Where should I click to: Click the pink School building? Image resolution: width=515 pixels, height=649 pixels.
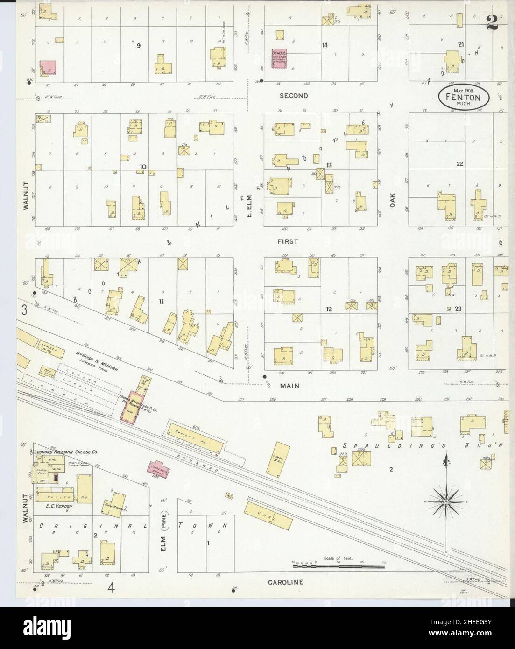point(279,60)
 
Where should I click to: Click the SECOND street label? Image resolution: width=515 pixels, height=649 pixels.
point(294,96)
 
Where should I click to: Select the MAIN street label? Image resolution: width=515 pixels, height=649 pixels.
point(290,386)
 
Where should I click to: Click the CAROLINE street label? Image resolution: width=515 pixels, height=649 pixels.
point(286,582)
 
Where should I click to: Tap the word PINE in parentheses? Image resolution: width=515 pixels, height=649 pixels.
point(164,528)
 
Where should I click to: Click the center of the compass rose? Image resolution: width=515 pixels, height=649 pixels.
point(446,502)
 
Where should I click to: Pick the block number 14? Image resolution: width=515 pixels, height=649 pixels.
point(325,45)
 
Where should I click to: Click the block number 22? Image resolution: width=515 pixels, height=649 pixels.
point(460,164)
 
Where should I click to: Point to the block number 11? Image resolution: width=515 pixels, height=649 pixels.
point(161,302)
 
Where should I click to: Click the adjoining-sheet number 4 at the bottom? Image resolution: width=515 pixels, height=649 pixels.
point(111,587)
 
